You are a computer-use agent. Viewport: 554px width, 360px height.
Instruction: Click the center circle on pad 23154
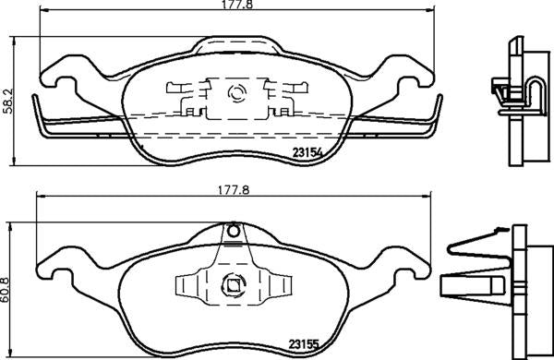(x=233, y=92)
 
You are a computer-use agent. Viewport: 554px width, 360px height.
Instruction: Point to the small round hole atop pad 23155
(x=233, y=230)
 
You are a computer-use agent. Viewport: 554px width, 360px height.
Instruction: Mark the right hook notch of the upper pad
(x=404, y=82)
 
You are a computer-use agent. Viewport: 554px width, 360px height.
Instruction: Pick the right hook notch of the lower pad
(x=404, y=274)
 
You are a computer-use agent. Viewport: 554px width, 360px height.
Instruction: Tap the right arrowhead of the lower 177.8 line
(x=428, y=193)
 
